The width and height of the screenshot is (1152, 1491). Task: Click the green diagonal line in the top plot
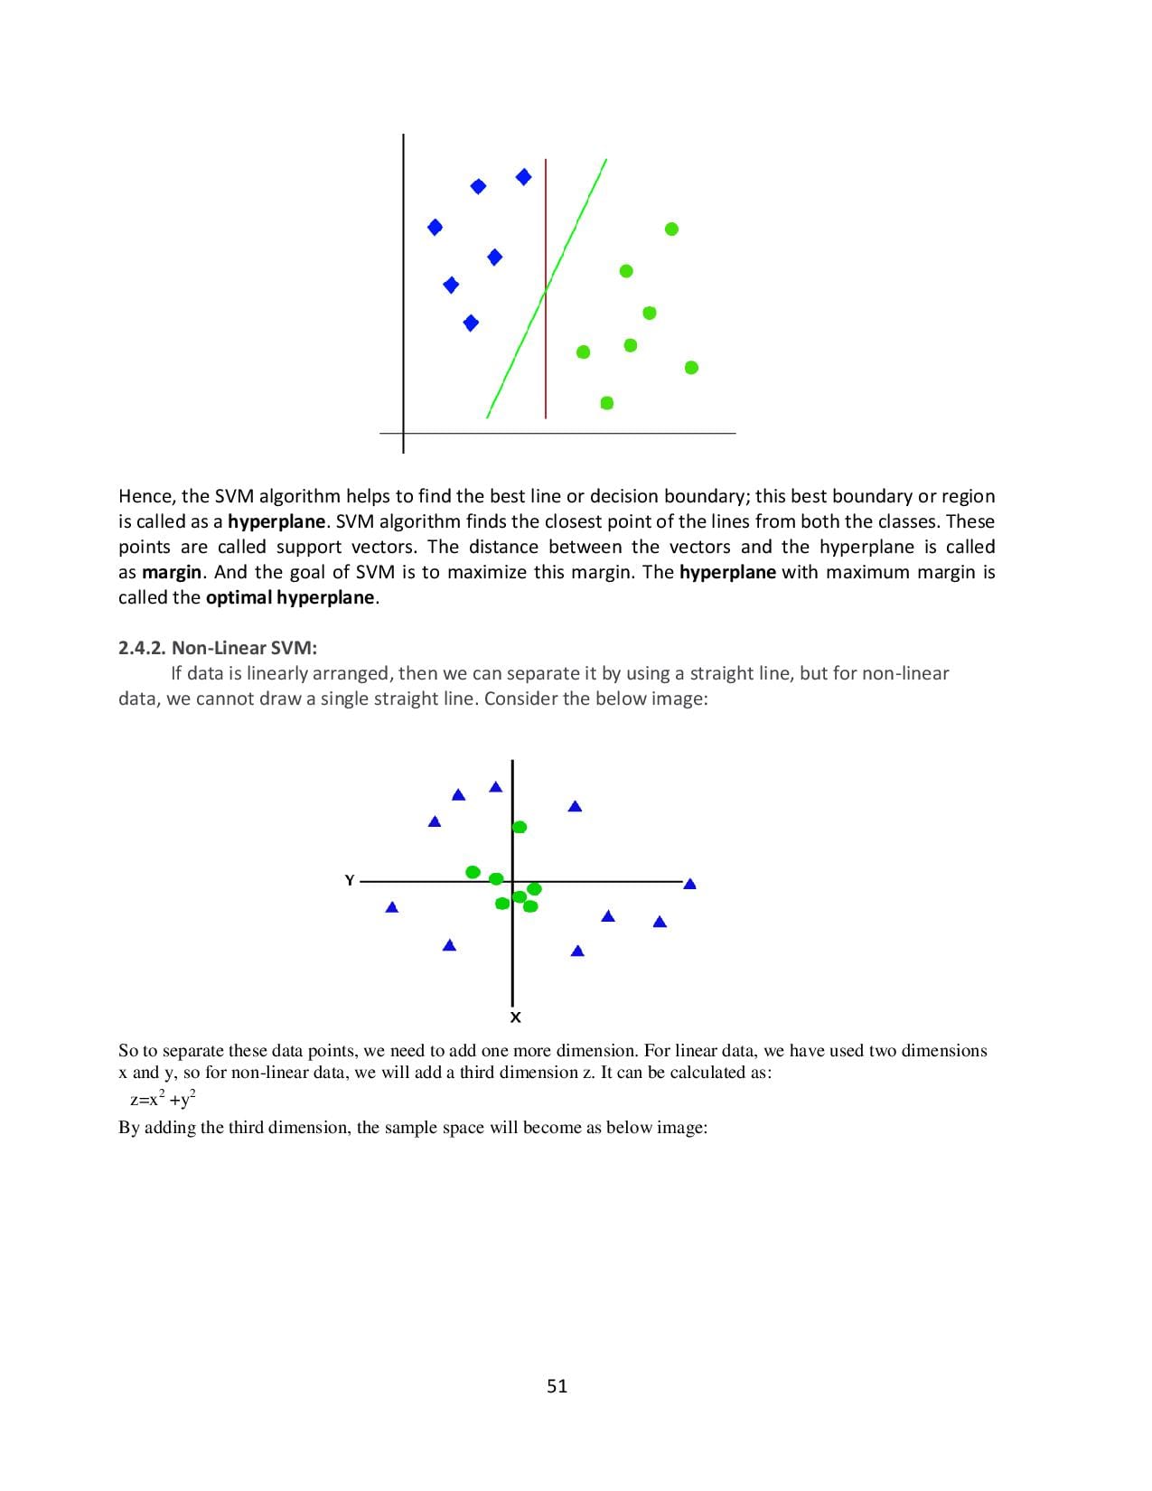515,357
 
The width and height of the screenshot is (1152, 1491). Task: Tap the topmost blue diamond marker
523,176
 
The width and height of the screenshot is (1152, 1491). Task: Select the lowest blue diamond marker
470,323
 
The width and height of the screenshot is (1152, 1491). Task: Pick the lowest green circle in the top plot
607,402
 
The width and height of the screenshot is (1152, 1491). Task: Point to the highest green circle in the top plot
671,229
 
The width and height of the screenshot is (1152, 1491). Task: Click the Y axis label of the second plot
349,880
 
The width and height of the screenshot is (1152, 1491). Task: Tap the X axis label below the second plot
515,1017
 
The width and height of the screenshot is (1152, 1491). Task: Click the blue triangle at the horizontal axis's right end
690,884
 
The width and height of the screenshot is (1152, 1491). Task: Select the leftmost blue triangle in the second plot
392,907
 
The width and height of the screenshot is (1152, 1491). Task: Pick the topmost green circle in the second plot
520,827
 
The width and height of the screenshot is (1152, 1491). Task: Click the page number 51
557,1386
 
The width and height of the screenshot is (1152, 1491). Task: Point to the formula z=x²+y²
163,1100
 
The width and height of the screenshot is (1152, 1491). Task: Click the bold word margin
172,572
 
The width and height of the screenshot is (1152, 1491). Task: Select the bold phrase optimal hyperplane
290,597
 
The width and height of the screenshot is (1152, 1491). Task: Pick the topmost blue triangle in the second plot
495,787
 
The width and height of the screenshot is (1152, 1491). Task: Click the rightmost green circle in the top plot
691,367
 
